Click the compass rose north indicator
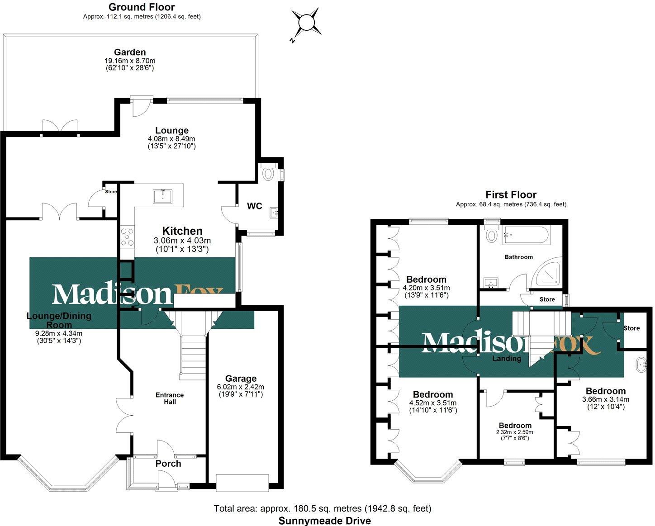[307, 22]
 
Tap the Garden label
[130, 52]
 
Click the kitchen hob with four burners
[127, 237]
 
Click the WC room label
[254, 206]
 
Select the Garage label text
[241, 379]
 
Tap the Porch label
[168, 464]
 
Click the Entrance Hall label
[170, 398]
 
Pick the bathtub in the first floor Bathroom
[526, 235]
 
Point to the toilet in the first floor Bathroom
[490, 234]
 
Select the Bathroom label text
[518, 257]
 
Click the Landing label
[507, 359]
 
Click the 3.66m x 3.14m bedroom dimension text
[605, 399]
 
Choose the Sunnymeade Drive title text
[324, 521]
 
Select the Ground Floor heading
[142, 7]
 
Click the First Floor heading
[511, 195]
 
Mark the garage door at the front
[242, 483]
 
